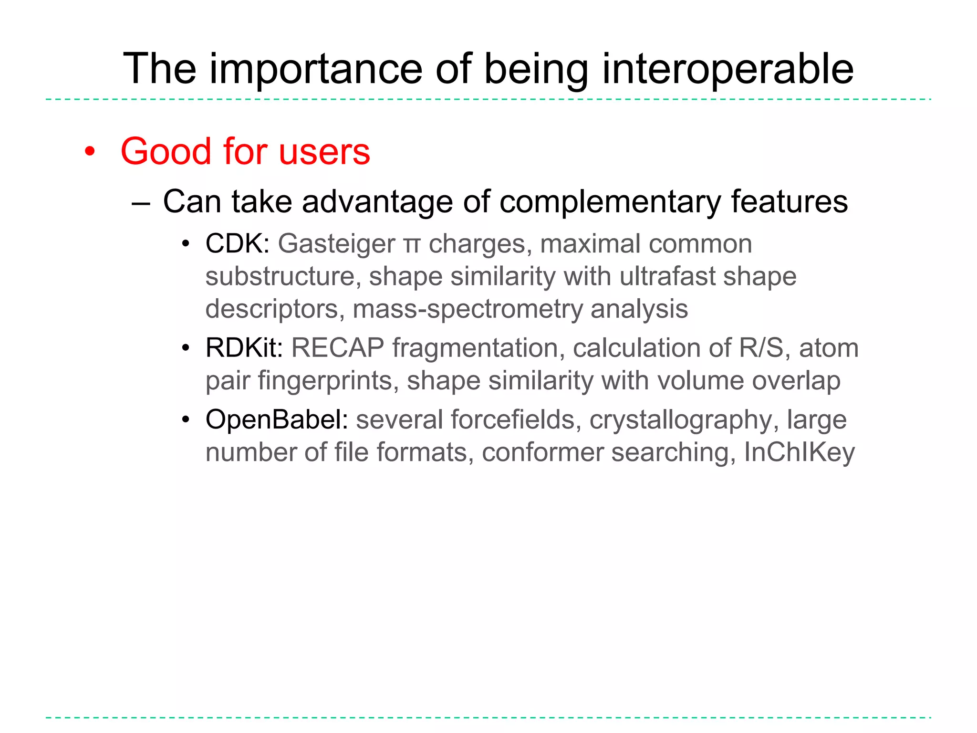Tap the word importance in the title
pyautogui.click(x=316, y=69)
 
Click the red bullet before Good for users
pyautogui.click(x=90, y=152)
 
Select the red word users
pyautogui.click(x=324, y=152)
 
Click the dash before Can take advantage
pyautogui.click(x=141, y=203)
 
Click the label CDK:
pyautogui.click(x=238, y=244)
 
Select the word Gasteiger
pyautogui.click(x=336, y=245)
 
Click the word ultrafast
pyautogui.click(x=667, y=276)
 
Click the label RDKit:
pyautogui.click(x=244, y=348)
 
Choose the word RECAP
pyautogui.click(x=338, y=348)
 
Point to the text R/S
pyautogui.click(x=760, y=348)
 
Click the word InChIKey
pyautogui.click(x=799, y=452)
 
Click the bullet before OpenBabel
pyautogui.click(x=186, y=420)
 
